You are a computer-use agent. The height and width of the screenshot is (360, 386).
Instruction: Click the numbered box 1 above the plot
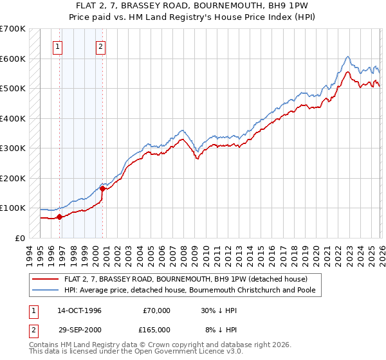[58, 46]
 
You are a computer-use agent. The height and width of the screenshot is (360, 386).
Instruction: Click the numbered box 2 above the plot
[102, 46]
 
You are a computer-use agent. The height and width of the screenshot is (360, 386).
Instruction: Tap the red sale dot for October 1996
[59, 217]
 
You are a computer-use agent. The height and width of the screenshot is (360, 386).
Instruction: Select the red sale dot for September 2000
[102, 188]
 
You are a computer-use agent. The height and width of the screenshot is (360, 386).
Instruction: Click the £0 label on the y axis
[20, 238]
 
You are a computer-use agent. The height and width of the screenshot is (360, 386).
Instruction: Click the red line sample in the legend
[46, 279]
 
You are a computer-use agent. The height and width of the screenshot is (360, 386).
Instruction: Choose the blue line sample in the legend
[46, 290]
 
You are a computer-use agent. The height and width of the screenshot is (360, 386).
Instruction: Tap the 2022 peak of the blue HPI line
[347, 57]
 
